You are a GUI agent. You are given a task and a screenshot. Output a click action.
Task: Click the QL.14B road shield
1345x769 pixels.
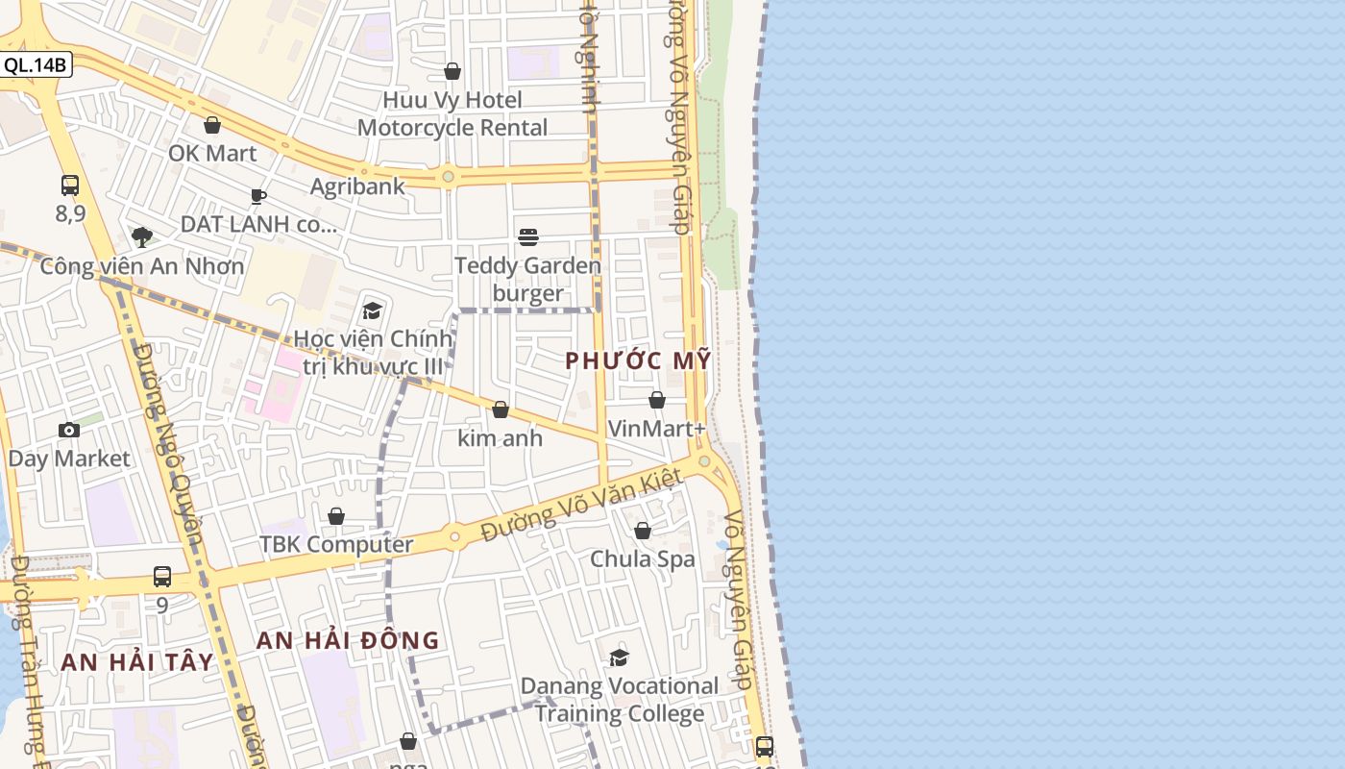(x=36, y=65)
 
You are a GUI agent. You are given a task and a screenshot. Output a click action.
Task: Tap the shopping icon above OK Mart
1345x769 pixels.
(x=212, y=125)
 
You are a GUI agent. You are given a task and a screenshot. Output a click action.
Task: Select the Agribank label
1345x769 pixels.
(x=357, y=186)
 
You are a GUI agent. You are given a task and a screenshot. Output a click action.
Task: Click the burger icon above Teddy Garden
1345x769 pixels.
(x=527, y=236)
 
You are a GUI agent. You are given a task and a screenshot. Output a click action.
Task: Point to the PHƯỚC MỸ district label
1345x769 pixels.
(x=638, y=361)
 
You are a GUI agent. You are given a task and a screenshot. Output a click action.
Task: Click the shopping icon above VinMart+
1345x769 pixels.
(x=657, y=400)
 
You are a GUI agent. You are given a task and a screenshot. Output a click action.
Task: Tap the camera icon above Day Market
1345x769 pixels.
(x=69, y=430)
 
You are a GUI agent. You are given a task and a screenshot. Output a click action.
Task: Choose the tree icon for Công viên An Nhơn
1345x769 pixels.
(x=142, y=236)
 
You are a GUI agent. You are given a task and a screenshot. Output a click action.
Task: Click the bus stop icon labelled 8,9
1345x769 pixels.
(x=70, y=186)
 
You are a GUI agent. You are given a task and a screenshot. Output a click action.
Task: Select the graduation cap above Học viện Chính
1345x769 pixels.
(x=372, y=310)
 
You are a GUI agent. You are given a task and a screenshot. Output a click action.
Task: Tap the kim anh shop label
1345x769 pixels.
(x=500, y=438)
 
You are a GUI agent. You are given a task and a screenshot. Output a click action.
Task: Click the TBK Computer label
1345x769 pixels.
(x=336, y=544)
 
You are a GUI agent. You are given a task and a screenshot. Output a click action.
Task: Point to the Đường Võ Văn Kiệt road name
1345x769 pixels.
(x=582, y=504)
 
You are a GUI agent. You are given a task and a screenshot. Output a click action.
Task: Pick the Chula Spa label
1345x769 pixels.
(x=642, y=558)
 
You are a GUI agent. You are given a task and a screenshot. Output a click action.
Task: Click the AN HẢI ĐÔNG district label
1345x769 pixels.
(x=348, y=640)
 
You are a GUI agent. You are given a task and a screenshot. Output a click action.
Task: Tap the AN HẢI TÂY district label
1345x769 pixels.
(x=136, y=661)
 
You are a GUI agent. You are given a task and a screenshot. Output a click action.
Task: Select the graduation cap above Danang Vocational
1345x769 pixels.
(x=619, y=657)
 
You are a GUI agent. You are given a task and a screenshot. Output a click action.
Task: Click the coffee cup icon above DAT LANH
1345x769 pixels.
(x=257, y=196)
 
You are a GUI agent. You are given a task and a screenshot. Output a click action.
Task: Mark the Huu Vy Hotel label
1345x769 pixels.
(x=452, y=100)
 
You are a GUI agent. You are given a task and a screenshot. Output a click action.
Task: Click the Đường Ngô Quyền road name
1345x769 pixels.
(x=169, y=442)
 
